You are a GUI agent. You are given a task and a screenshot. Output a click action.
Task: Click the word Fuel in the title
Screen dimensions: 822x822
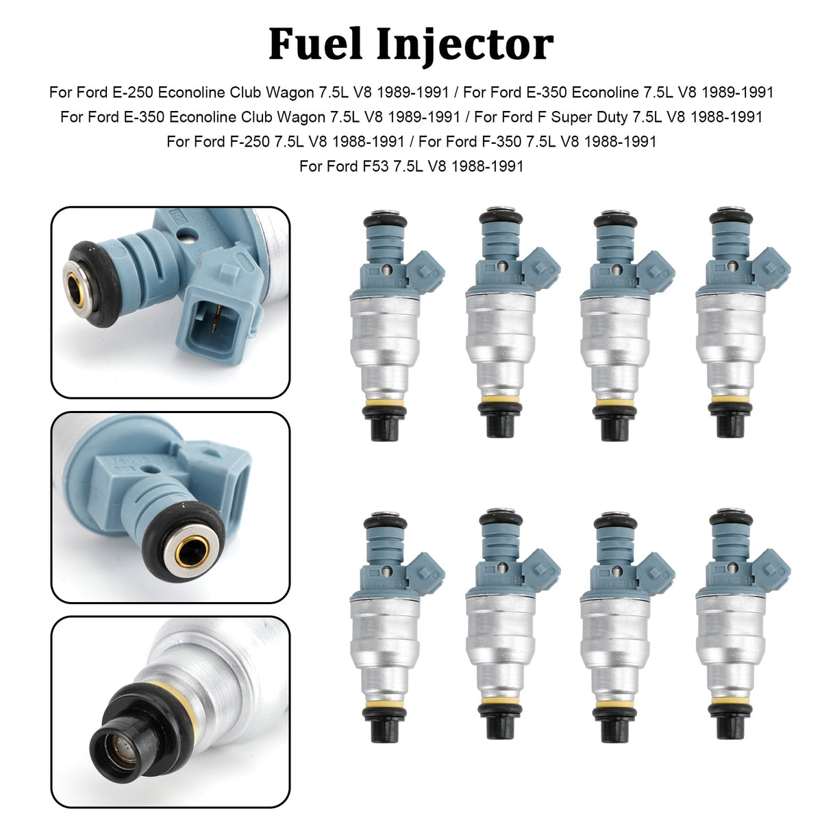[315, 44]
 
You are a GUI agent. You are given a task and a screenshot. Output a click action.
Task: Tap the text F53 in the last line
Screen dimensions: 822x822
[376, 166]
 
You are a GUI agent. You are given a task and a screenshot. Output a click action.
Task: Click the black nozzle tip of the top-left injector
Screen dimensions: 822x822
[385, 425]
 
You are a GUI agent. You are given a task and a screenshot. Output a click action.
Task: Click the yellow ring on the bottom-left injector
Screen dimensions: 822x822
[385, 702]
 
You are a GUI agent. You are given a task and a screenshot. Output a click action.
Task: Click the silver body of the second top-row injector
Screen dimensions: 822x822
[500, 345]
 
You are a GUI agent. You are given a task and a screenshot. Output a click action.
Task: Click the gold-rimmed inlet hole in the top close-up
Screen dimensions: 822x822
[77, 290]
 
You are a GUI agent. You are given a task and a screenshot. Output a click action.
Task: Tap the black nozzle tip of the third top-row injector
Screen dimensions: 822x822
[615, 425]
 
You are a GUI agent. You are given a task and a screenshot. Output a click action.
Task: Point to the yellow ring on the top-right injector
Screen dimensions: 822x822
[731, 400]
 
